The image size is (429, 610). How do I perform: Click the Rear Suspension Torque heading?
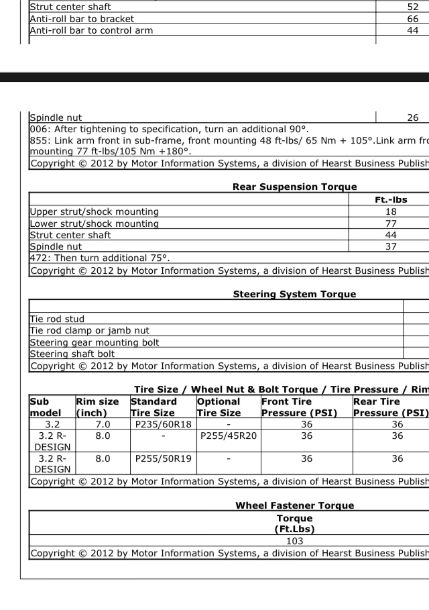coord(294,187)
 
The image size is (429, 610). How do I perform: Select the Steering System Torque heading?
coord(294,294)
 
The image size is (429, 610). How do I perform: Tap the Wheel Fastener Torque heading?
coord(294,505)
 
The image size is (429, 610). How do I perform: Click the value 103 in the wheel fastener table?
coord(294,541)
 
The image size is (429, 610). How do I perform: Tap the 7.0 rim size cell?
coord(103,424)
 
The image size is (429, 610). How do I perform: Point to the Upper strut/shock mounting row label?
coord(95,211)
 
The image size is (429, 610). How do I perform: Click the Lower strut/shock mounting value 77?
coord(391,223)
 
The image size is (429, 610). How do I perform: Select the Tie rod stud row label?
coord(58,319)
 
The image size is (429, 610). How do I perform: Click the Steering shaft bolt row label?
coord(72,354)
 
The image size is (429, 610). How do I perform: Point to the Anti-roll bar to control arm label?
coord(91,30)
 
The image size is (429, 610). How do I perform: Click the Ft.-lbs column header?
coord(391,199)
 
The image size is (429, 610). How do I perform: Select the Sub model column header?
coord(46,407)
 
